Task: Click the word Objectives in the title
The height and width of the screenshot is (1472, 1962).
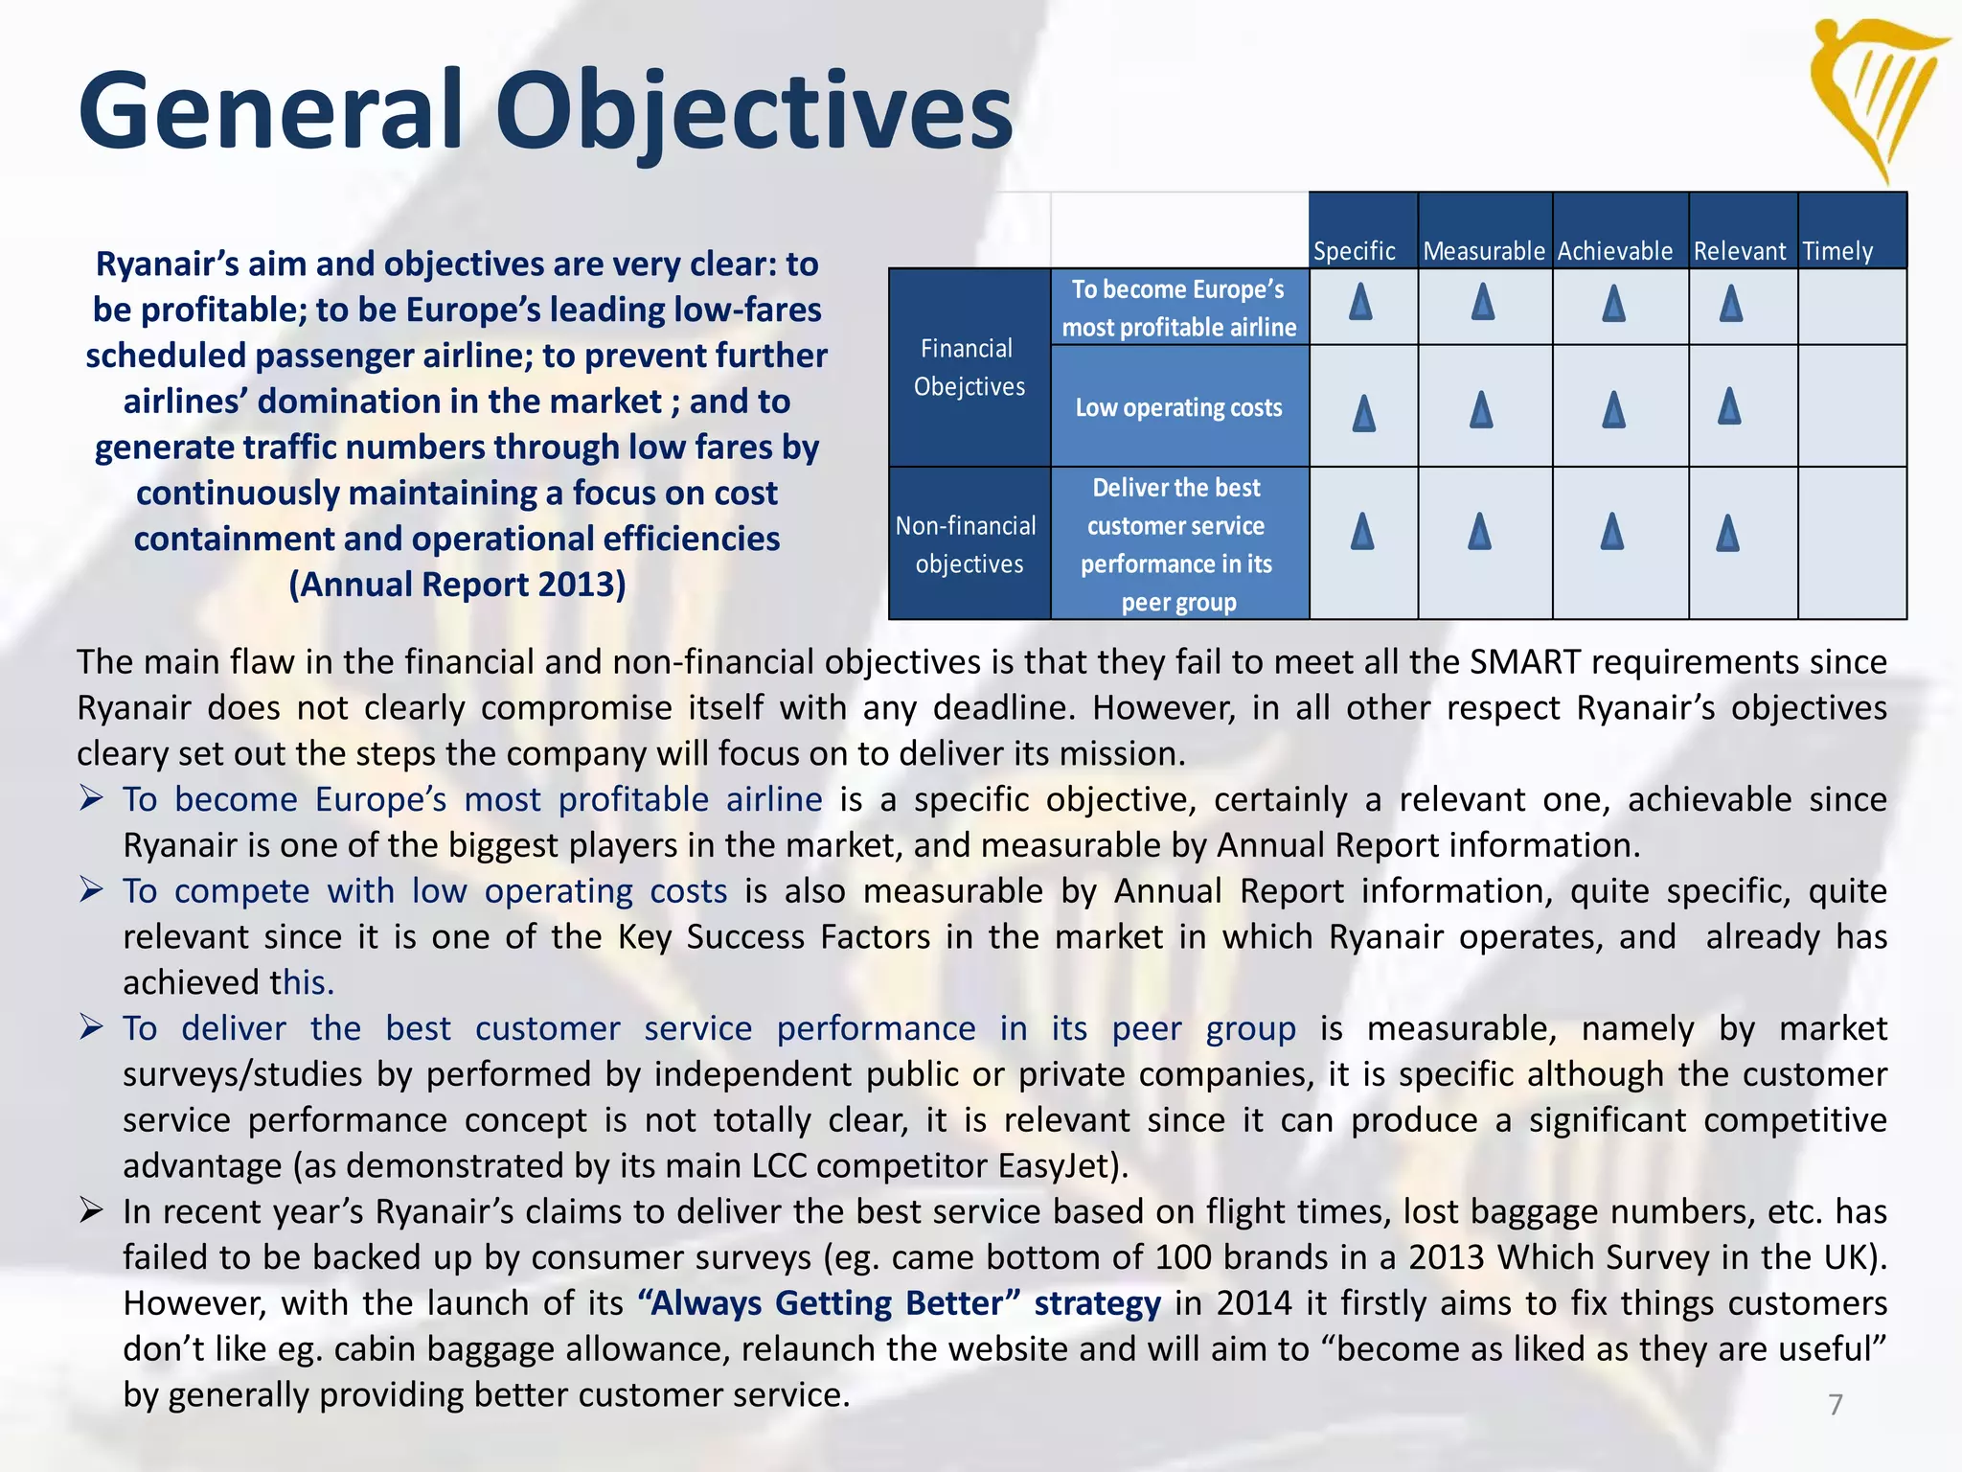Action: [753, 111]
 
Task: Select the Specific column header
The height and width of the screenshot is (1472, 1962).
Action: [1354, 251]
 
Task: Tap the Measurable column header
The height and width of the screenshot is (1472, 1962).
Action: [1484, 251]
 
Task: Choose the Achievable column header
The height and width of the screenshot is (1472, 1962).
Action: [1615, 251]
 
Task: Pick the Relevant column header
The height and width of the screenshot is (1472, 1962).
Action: [1740, 251]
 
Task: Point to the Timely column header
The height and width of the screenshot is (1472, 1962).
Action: [1837, 251]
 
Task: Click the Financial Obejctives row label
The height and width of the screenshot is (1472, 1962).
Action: [969, 367]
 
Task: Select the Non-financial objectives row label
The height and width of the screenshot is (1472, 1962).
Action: [968, 544]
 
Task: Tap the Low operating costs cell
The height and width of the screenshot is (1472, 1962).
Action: [1178, 407]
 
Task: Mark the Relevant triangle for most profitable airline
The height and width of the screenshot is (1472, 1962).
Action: [1730, 304]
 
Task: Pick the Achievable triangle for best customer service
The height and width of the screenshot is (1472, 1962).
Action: [1612, 531]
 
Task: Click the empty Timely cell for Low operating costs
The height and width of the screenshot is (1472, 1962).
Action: [1852, 406]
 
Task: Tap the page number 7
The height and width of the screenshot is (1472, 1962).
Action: [1836, 1404]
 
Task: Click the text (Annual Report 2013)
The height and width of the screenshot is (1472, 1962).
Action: [457, 585]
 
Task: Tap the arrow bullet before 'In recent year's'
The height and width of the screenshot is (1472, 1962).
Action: [91, 1211]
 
